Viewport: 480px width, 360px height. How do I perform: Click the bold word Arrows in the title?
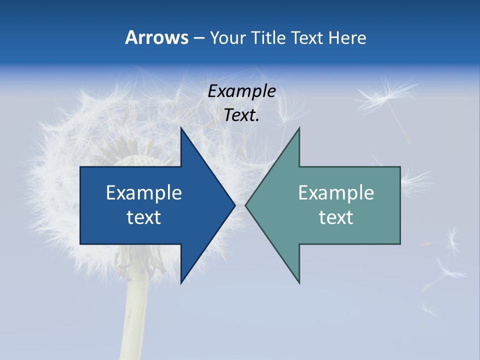click(x=156, y=37)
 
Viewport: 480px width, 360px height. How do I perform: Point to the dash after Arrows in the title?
click(x=198, y=38)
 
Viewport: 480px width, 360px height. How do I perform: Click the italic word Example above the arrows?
click(x=241, y=91)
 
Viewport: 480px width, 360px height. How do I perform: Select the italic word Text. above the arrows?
click(x=241, y=115)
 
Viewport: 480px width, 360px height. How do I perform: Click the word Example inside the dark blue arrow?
click(x=144, y=192)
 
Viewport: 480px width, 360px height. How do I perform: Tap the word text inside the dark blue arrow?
click(x=144, y=217)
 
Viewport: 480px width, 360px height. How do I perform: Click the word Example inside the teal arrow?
click(x=336, y=192)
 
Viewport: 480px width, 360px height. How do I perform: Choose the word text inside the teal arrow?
click(x=336, y=217)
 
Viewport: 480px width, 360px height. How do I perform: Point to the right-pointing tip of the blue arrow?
click(x=234, y=205)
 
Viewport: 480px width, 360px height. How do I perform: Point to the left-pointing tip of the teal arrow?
click(x=246, y=205)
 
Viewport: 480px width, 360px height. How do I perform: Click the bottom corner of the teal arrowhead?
click(x=299, y=282)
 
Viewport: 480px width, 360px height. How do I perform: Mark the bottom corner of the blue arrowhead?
click(x=181, y=282)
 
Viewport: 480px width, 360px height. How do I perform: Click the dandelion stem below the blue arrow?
click(x=134, y=320)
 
